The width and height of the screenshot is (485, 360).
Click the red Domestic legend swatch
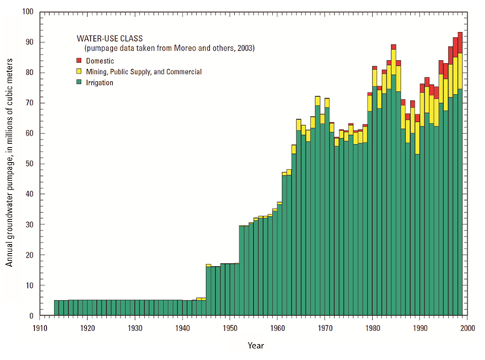pos(79,60)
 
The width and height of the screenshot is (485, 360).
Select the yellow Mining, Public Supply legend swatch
pos(79,71)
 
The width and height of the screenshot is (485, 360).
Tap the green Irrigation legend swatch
pos(79,82)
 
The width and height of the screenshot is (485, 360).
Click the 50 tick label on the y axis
pos(29,164)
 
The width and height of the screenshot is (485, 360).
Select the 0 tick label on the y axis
pos(31,316)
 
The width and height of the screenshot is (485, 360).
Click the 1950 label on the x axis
pos(230,328)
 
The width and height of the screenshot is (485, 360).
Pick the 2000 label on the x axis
pos(468,328)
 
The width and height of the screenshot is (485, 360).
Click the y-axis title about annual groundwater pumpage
pos(10,164)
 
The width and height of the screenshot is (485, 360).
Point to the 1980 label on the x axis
pos(373,328)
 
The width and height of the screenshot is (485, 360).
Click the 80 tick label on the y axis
pos(29,73)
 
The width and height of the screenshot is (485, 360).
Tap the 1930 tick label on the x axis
pos(135,328)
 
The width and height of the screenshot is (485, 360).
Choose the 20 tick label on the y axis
pos(29,255)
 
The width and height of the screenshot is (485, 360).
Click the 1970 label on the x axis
pos(325,328)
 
